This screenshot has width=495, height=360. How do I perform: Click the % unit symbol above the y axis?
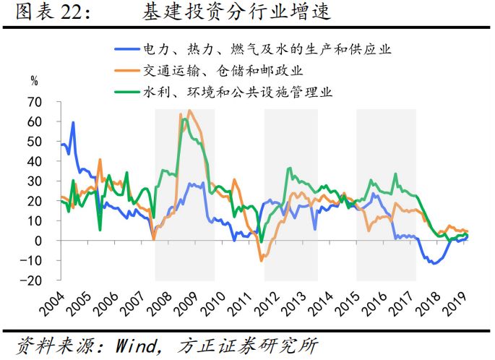tap(34, 80)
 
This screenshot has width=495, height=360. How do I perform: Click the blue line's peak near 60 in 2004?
tap(72, 123)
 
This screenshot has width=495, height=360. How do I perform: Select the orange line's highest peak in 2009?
tap(189, 111)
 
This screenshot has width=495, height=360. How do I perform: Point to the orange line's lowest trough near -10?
tap(262, 260)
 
